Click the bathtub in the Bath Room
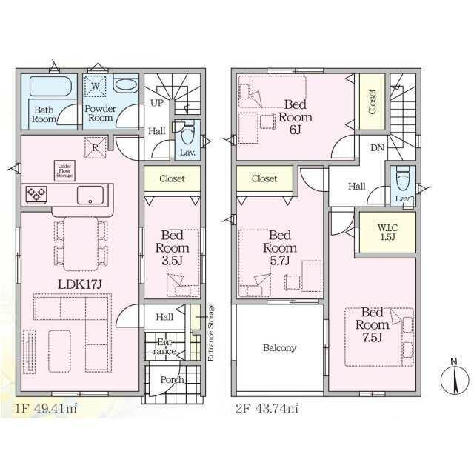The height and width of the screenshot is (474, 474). click(x=50, y=87)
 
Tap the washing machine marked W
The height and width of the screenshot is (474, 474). click(x=96, y=86)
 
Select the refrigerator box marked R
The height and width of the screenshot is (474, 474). click(x=96, y=148)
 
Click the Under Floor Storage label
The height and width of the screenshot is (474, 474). click(x=64, y=171)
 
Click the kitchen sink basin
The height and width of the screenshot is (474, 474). click(x=90, y=196)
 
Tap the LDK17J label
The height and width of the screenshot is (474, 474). click(x=79, y=284)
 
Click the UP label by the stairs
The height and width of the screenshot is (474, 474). click(x=157, y=103)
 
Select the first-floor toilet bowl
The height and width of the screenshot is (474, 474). click(x=187, y=135)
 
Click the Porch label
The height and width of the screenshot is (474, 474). click(x=172, y=380)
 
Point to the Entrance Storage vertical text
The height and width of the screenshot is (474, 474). click(x=210, y=332)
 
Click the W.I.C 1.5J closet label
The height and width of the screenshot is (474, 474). click(x=387, y=232)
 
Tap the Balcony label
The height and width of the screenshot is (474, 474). click(x=279, y=348)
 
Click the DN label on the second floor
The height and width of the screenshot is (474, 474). click(x=377, y=148)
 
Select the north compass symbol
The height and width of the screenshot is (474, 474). click(x=454, y=377)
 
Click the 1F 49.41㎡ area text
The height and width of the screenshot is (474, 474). click(x=46, y=409)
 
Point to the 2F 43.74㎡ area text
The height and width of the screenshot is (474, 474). click(x=267, y=409)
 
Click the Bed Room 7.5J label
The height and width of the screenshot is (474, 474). click(x=372, y=324)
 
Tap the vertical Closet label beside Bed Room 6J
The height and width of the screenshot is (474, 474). click(x=373, y=101)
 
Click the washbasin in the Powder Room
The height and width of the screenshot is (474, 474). click(x=126, y=84)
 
